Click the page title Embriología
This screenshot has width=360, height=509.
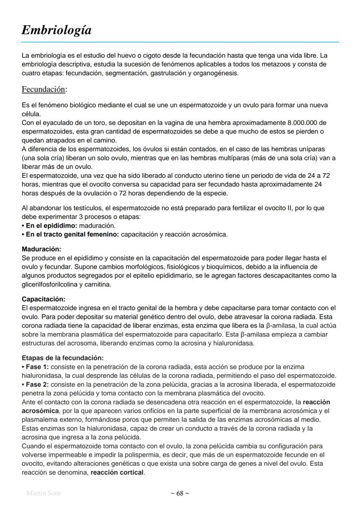pyautogui.click(x=57, y=30)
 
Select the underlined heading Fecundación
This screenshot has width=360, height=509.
pyautogui.click(x=44, y=90)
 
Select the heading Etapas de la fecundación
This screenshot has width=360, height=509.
pyautogui.click(x=63, y=358)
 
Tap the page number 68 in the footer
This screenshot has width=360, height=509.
pyautogui.click(x=180, y=493)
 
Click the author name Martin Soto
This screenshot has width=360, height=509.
pyautogui.click(x=43, y=493)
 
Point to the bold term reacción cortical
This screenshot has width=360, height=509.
pyautogui.click(x=117, y=472)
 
